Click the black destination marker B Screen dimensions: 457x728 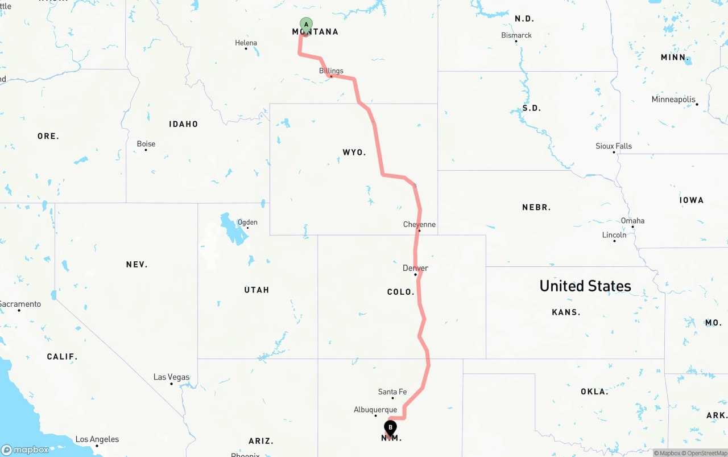[390, 427]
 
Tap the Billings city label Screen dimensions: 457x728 [331, 71]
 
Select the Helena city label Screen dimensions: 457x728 [246, 43]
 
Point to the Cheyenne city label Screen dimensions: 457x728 [419, 224]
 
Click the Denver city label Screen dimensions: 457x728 [415, 268]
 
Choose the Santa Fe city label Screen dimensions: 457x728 [392, 392]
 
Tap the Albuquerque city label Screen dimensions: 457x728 [375, 410]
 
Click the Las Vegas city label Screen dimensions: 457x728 [171, 377]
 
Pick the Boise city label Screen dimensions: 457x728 [146, 144]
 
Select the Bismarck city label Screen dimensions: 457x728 [516, 35]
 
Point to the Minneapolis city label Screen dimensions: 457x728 [673, 100]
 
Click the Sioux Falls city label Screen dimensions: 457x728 [614, 146]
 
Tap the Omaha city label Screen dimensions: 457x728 [632, 221]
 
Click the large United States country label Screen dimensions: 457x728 [585, 286]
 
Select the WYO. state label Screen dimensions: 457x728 [354, 153]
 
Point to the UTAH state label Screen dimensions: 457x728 [257, 290]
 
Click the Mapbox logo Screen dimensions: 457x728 [25, 450]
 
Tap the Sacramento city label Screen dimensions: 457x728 [20, 304]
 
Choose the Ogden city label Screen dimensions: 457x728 [247, 223]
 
